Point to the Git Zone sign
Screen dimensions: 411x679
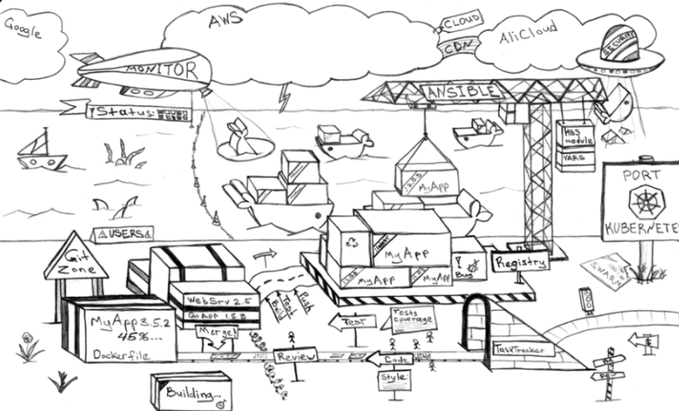click(76, 257)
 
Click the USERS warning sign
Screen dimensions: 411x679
click(125, 233)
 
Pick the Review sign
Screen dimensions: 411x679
click(295, 355)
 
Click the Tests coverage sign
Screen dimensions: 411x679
click(412, 317)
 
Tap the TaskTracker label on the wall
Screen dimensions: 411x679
click(524, 350)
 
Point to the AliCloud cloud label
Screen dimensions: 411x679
click(528, 33)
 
